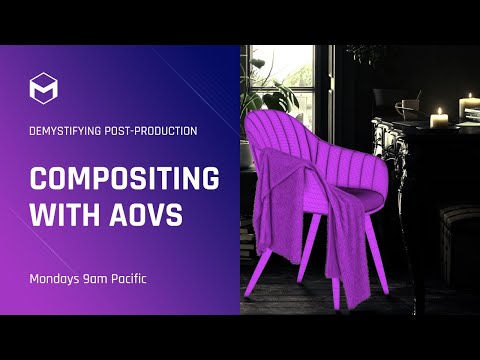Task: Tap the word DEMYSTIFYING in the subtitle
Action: click(x=67, y=130)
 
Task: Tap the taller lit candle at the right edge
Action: click(x=468, y=107)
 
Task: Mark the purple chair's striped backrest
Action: click(x=300, y=150)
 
